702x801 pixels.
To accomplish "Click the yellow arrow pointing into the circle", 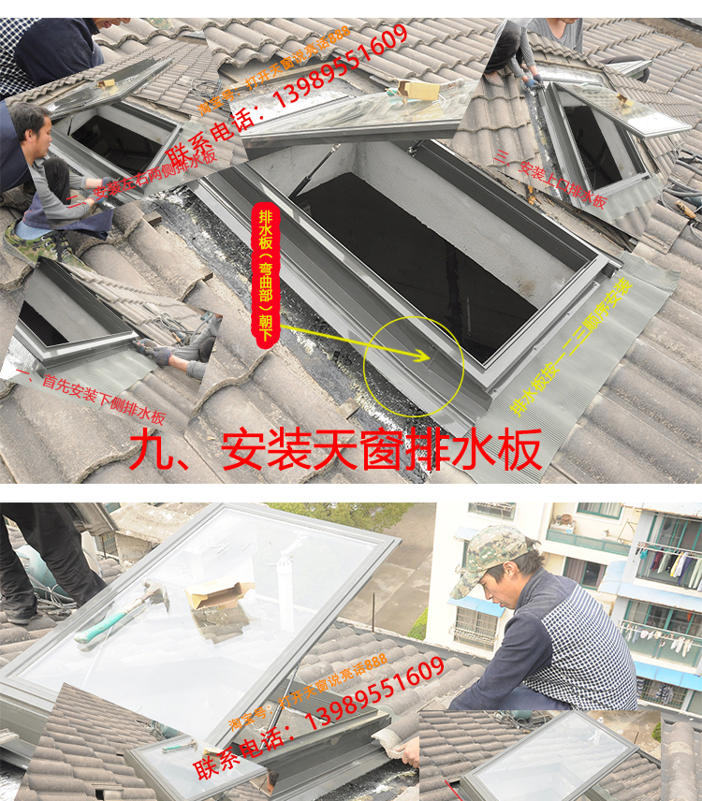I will click(356, 342).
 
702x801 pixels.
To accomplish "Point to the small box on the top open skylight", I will click(417, 88).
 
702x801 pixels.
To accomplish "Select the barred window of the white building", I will click(474, 628).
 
